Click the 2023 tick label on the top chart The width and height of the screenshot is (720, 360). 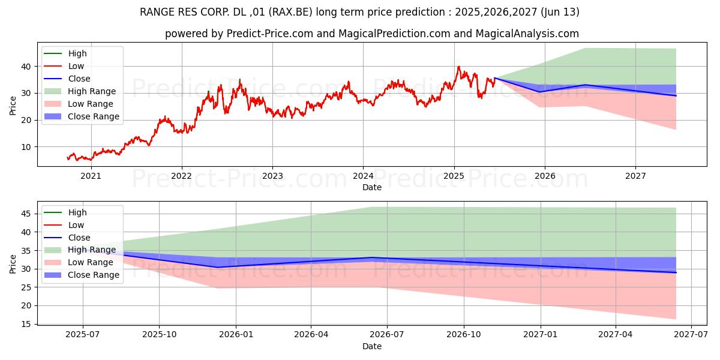click(x=272, y=176)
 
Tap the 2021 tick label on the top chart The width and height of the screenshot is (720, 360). click(x=91, y=176)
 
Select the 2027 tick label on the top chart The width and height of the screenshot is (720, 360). click(x=635, y=176)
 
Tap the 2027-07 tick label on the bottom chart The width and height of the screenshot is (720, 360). click(x=691, y=335)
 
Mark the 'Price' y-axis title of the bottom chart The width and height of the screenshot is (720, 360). click(x=13, y=263)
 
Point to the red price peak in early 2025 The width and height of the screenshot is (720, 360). click(x=459, y=67)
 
